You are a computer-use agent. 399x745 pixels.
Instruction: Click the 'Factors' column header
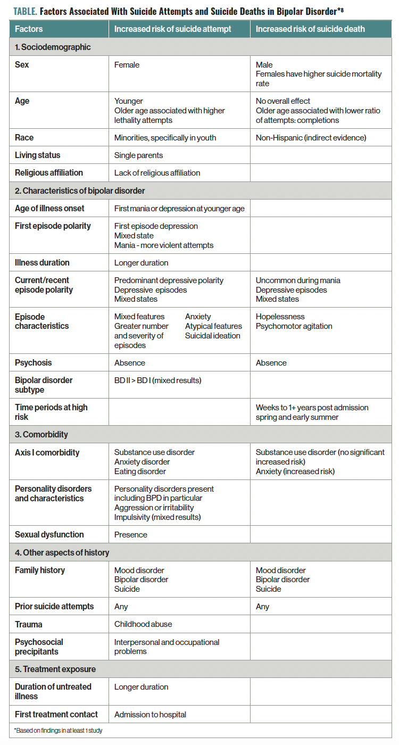(29, 29)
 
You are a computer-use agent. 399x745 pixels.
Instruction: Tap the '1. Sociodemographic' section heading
(53, 47)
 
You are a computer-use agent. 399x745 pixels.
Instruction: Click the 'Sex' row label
(22, 65)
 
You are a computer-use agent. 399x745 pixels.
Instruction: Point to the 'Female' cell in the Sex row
(127, 65)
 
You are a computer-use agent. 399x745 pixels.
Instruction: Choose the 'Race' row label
(24, 137)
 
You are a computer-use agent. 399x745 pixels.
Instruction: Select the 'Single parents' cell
(138, 155)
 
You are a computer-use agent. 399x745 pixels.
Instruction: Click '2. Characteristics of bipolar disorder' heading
(80, 191)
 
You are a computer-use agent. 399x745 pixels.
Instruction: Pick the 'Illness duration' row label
(42, 262)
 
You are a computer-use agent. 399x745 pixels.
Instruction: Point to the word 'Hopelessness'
(280, 317)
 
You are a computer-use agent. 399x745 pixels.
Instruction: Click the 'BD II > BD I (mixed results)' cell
(157, 380)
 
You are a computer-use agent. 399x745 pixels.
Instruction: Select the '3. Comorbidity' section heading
(41, 434)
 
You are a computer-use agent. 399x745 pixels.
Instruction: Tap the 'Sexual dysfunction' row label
(49, 534)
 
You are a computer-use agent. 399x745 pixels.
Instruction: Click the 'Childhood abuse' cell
(143, 624)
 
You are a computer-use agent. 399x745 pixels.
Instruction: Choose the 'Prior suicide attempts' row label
(54, 606)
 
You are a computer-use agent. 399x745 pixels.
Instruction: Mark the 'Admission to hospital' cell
(150, 714)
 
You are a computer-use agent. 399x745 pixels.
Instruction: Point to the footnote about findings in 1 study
(59, 731)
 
